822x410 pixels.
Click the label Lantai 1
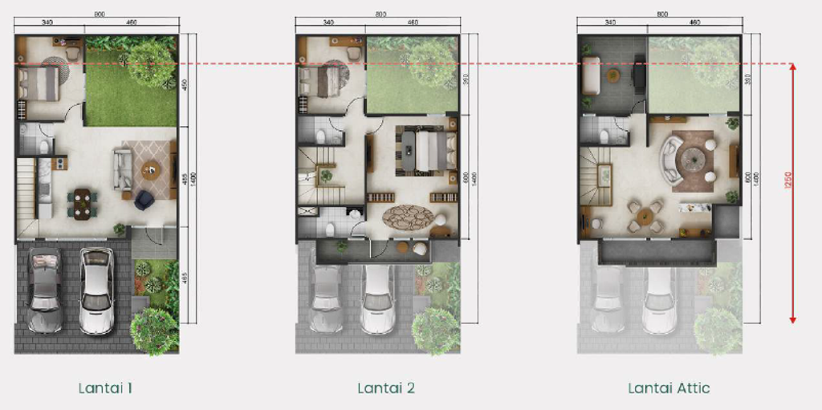[x=105, y=388]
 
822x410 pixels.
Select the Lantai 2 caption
[x=386, y=388]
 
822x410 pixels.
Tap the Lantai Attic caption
[x=669, y=388]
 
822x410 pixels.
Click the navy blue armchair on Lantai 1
[x=144, y=199]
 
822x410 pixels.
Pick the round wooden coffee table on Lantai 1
[x=150, y=169]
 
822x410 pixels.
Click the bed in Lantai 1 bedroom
[x=40, y=83]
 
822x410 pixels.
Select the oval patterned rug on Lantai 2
[x=408, y=217]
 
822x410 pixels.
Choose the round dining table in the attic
[x=645, y=217]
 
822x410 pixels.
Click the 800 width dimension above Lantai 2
[x=380, y=14]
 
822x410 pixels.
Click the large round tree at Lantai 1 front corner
[x=153, y=331]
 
